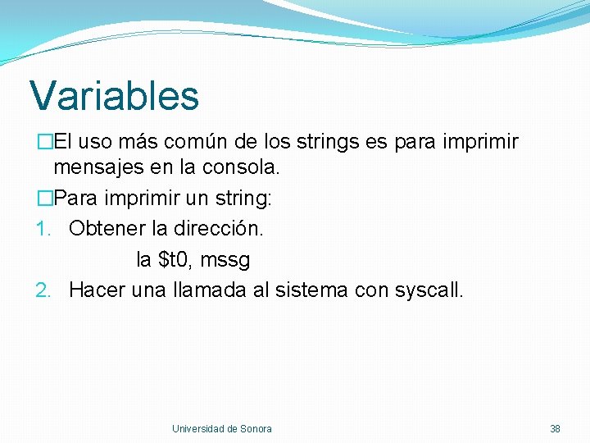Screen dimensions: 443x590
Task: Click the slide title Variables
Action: coord(115,95)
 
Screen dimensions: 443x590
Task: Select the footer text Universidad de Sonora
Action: coord(221,428)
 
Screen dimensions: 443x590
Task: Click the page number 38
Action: coord(555,428)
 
